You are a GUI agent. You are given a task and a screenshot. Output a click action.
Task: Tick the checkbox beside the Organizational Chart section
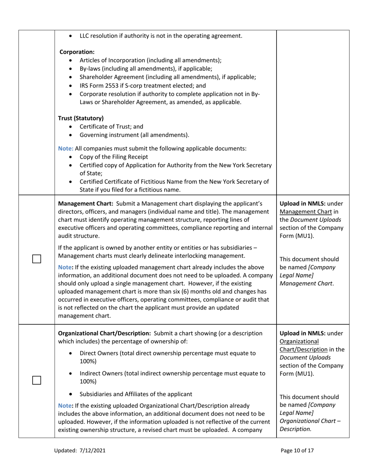point(36,380)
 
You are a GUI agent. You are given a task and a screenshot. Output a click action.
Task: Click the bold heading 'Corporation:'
point(76,51)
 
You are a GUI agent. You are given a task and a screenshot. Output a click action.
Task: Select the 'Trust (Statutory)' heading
point(81,118)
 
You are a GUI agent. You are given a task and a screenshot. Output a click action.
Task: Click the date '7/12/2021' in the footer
point(93,450)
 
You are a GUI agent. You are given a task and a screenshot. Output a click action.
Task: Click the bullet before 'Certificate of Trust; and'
point(70,127)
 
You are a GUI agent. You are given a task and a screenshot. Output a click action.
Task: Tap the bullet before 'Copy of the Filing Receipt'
point(70,157)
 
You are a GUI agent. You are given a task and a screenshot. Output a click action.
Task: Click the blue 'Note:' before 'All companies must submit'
point(65,148)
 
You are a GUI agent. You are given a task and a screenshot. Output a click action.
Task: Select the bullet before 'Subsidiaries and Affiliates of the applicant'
point(70,394)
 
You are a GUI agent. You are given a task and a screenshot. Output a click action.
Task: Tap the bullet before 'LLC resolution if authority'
point(70,36)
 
